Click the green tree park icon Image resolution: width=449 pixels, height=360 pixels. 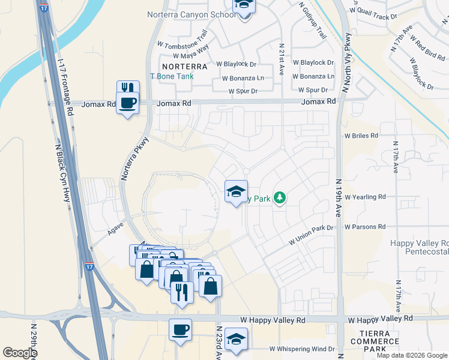279,197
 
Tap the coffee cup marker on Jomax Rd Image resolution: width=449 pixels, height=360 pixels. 127,103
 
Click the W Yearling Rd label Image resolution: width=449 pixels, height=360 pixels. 365,197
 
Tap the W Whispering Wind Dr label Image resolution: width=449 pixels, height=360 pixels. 302,349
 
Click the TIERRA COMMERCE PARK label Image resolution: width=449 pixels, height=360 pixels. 379,341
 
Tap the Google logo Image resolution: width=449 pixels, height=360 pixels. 20,353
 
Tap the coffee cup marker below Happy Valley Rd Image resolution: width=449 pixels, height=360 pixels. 180,330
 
